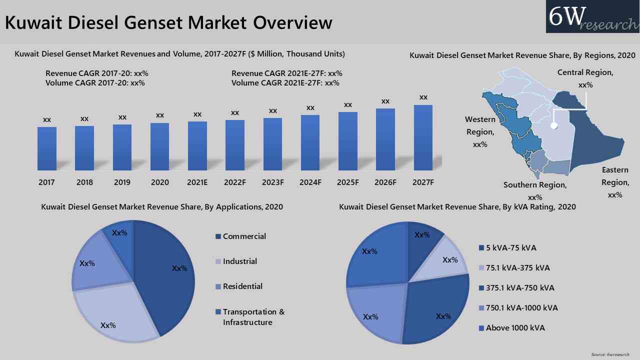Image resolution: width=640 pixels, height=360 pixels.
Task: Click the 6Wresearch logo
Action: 592,17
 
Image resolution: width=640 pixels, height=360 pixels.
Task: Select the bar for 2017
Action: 46,148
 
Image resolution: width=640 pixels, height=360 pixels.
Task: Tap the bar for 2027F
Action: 423,138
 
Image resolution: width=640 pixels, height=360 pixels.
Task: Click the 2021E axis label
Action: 197,182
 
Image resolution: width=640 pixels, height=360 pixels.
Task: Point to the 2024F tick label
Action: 310,182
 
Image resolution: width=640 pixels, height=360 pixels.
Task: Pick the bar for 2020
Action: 159,146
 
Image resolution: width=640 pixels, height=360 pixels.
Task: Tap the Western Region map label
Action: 480,132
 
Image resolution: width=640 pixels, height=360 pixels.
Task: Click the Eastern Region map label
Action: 615,182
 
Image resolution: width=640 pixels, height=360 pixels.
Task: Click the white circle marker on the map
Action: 554,126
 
